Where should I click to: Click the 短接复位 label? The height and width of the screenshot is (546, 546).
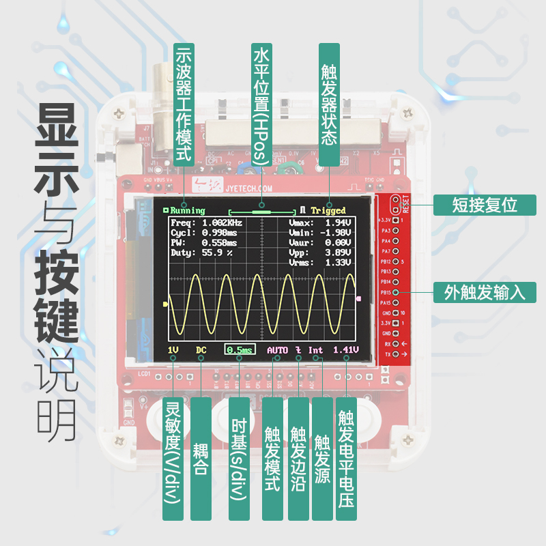pyautogui.click(x=485, y=205)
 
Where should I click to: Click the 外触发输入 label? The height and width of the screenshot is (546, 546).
pyautogui.click(x=485, y=293)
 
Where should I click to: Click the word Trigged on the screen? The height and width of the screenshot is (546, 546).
pyautogui.click(x=328, y=210)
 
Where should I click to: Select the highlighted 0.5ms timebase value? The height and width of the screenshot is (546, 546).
pyautogui.click(x=240, y=350)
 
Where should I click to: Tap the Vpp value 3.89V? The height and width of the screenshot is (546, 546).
pyautogui.click(x=339, y=252)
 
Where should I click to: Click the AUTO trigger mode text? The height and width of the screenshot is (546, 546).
pyautogui.click(x=278, y=350)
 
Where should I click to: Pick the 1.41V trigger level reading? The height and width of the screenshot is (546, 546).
pyautogui.click(x=346, y=350)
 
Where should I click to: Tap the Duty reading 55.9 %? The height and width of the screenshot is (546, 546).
pyautogui.click(x=218, y=252)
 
